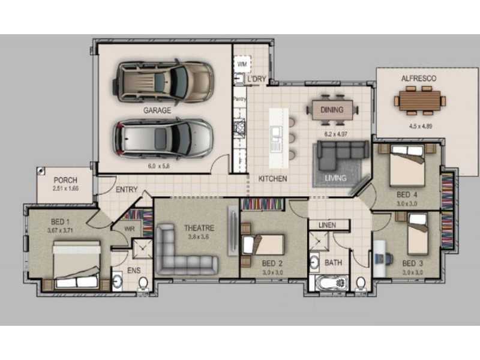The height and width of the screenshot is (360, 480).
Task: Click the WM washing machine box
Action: coord(242,64)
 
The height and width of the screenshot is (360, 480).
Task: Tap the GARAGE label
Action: coord(157,110)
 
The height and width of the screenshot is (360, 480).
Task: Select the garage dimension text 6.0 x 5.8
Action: coord(158,166)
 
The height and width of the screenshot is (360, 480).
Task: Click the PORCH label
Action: coord(65,181)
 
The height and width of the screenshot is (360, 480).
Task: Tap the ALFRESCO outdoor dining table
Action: coord(419,101)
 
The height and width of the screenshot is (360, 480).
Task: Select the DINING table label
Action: coord(332,110)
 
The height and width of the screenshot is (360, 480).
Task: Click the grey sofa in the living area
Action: coord(342,155)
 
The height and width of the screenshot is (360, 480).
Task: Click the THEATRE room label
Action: coord(199,228)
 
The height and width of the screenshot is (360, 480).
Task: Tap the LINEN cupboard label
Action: coord(327,226)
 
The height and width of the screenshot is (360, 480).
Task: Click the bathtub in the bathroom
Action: coord(328,283)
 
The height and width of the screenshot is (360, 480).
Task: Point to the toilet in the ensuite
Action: coord(143,283)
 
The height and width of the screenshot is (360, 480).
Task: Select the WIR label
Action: coord(130,229)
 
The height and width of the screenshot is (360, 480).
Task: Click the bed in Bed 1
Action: coord(77,265)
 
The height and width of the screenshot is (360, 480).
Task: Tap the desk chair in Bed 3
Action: coord(388,257)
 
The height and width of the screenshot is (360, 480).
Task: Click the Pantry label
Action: coord(239,99)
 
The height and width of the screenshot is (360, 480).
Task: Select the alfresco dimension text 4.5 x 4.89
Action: coord(421,126)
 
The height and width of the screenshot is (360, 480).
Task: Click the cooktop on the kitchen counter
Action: coord(239,127)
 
